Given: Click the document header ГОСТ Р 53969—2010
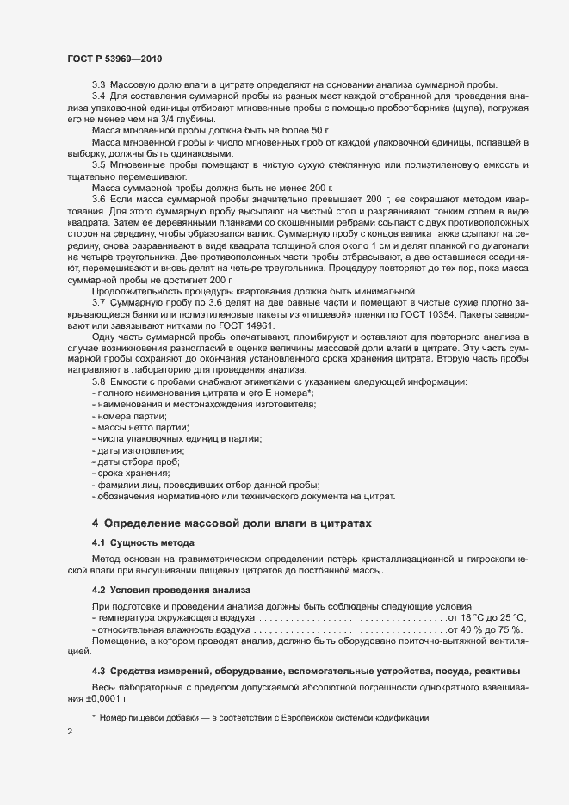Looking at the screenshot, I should coord(114,59).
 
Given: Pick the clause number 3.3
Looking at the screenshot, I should coord(99,84).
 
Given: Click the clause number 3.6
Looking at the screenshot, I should coord(99,198).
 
